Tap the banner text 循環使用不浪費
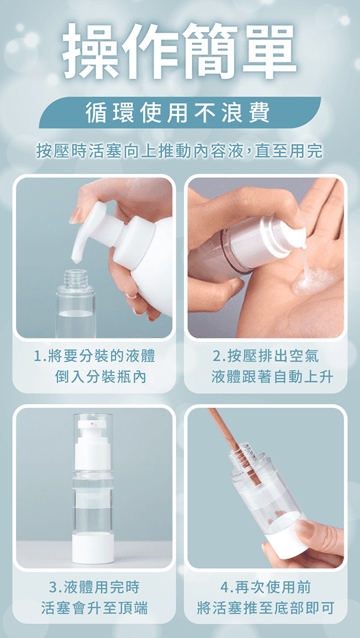pyautogui.click(x=177, y=113)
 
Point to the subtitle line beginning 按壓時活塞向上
pyautogui.click(x=179, y=151)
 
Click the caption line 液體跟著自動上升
pyautogui.click(x=272, y=377)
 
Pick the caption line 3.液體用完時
pyautogui.click(x=94, y=587)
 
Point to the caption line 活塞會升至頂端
pyautogui.click(x=94, y=608)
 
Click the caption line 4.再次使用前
pyautogui.click(x=266, y=587)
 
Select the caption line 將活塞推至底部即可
pyautogui.click(x=266, y=608)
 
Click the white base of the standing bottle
pyautogui.click(x=93, y=548)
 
